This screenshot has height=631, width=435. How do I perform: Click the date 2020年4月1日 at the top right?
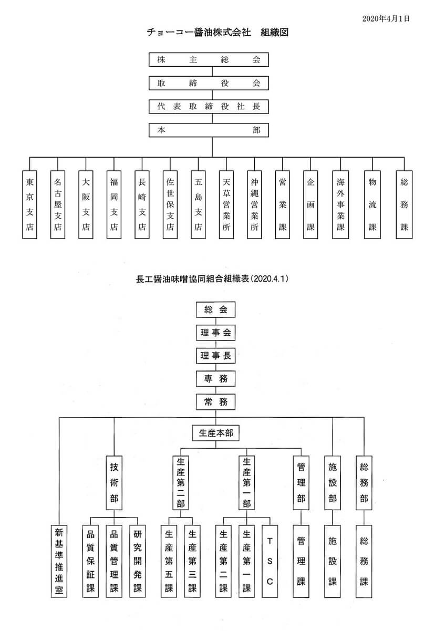386,18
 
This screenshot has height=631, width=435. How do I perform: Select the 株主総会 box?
209,60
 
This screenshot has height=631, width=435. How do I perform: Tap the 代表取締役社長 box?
209,106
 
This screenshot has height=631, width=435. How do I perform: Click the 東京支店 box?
30,204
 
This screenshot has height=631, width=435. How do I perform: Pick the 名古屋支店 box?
58,204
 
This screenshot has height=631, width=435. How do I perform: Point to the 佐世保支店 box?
170,204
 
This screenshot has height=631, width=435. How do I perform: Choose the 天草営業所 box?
226,204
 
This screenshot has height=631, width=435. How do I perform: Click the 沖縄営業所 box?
254,204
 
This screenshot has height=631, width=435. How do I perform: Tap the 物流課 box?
372,204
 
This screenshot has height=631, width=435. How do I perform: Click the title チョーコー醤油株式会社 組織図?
217,33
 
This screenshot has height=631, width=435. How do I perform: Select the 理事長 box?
215,355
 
